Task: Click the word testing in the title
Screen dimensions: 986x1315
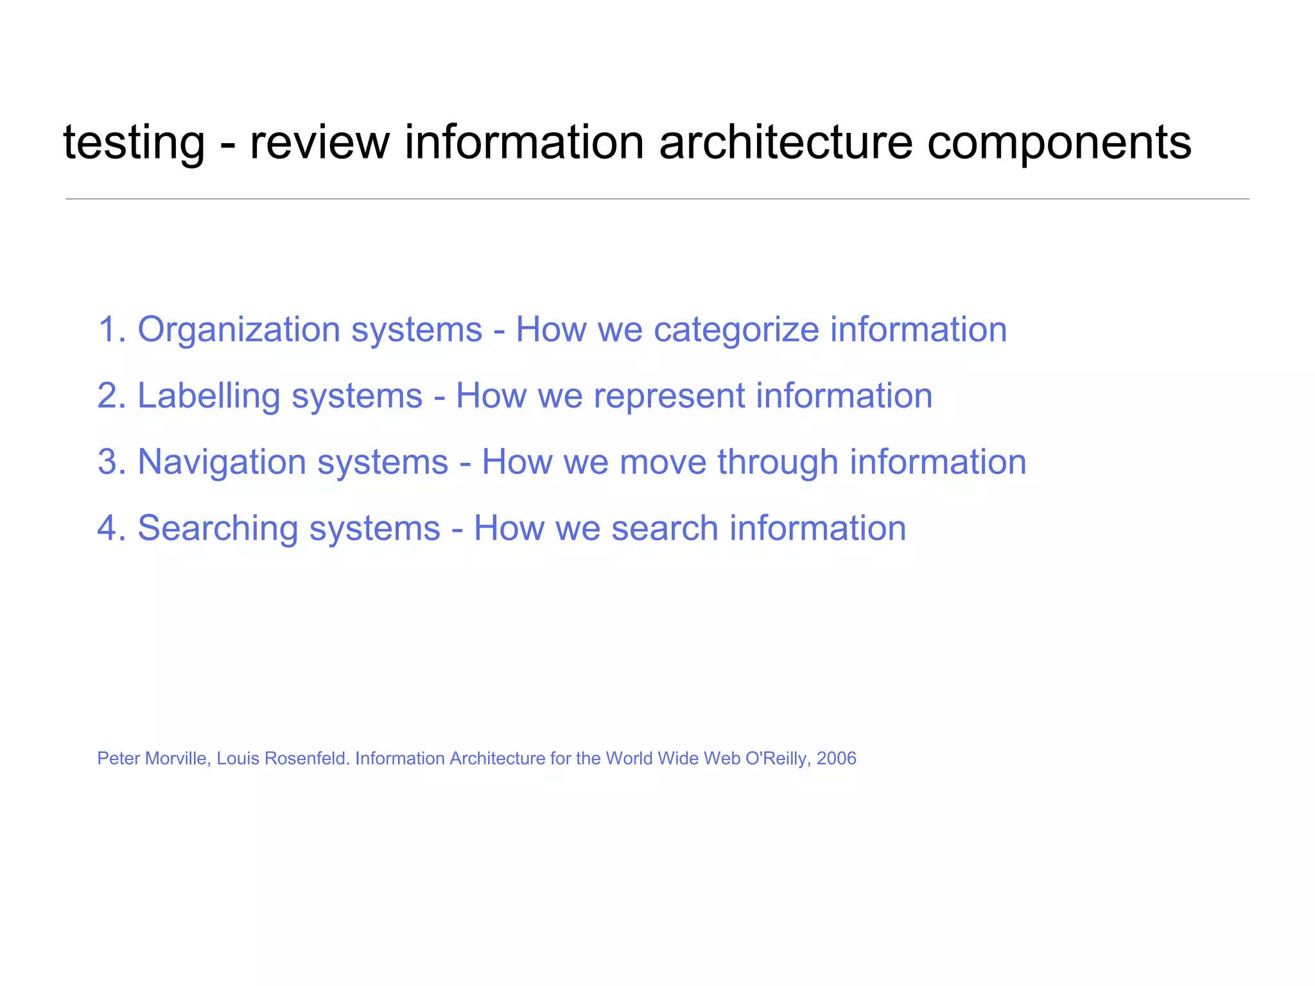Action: tap(134, 143)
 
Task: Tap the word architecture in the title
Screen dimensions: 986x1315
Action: tap(785, 143)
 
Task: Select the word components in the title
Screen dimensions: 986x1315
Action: tap(1059, 143)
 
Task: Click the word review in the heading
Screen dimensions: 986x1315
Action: tap(319, 143)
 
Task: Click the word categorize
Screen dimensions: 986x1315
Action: tap(736, 331)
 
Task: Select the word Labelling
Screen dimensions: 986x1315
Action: tap(209, 396)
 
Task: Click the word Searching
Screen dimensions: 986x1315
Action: tap(218, 528)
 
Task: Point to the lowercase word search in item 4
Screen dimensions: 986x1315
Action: tap(664, 528)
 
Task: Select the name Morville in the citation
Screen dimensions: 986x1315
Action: tap(177, 759)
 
